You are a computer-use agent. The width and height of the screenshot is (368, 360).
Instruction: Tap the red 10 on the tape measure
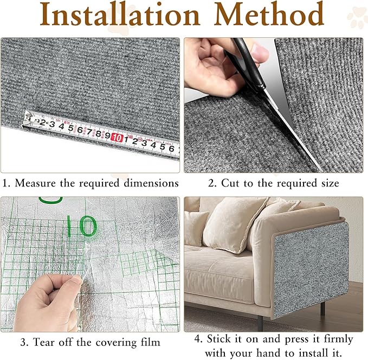click(x=116, y=137)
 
